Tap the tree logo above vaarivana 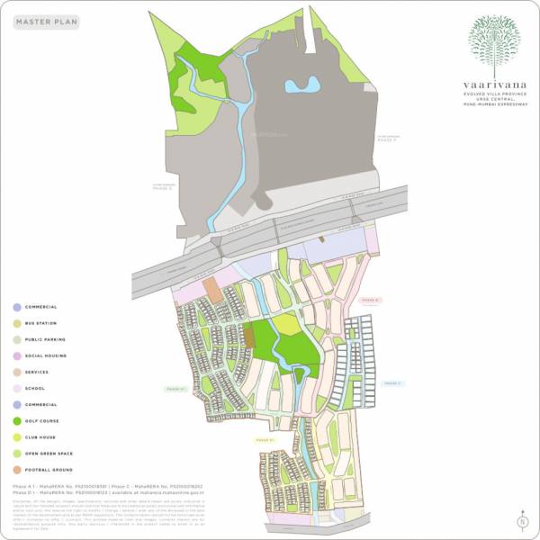[x=493, y=40]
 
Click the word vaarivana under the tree [x=493, y=79]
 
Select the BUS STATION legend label [x=40, y=323]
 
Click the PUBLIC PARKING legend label [x=45, y=339]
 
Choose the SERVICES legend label [x=37, y=372]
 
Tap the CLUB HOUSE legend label [x=40, y=437]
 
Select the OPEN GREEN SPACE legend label [x=49, y=454]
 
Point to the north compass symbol [x=521, y=520]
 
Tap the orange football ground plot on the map [x=212, y=288]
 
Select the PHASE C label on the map [x=391, y=383]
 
